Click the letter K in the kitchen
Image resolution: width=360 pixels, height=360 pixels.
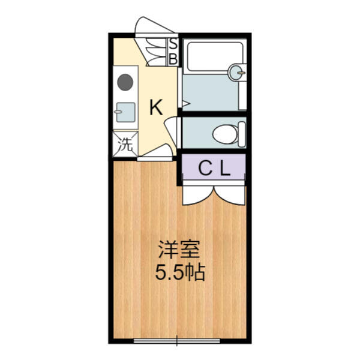[156, 107]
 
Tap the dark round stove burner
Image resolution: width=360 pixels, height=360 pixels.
[125, 82]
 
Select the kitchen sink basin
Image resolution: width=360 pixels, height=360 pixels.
[125, 112]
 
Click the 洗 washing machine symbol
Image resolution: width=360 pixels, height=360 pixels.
[125, 145]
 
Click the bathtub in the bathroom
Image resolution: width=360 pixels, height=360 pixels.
[215, 56]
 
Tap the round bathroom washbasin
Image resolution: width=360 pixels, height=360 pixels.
[237, 72]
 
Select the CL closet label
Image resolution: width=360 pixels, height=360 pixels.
[214, 169]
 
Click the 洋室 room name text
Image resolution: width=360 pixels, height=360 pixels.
[179, 250]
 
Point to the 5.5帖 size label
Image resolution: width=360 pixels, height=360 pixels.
[180, 273]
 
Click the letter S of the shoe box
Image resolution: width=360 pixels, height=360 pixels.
[173, 44]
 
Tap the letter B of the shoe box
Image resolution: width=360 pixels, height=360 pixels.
[173, 59]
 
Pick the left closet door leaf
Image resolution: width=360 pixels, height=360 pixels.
[199, 196]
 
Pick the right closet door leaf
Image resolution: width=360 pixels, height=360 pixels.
[230, 196]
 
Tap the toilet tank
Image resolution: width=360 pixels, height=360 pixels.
[242, 134]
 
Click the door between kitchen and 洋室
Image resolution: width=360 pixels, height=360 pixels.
[155, 154]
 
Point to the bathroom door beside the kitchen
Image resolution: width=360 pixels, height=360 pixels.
[180, 88]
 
